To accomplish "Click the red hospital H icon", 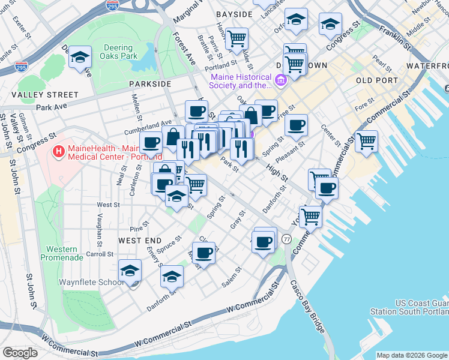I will click(x=59, y=152).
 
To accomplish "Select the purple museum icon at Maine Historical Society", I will click(x=280, y=80).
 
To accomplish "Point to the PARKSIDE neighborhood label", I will click(x=149, y=85).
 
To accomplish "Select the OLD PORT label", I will click(x=376, y=80).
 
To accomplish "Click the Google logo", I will click(x=20, y=352).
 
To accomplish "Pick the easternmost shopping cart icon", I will click(x=366, y=142).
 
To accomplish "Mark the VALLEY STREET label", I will click(x=44, y=95).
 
